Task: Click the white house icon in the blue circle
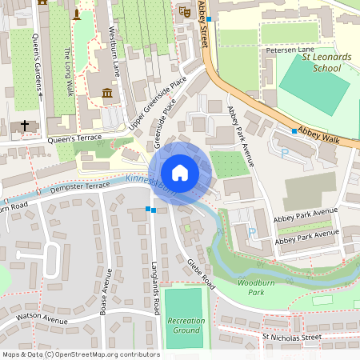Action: tap(180, 173)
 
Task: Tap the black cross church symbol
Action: tap(25, 126)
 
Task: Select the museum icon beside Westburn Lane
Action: tap(107, 94)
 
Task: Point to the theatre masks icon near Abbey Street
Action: tap(184, 11)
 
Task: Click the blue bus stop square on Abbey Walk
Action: tap(294, 130)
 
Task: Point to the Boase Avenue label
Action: tap(103, 290)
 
